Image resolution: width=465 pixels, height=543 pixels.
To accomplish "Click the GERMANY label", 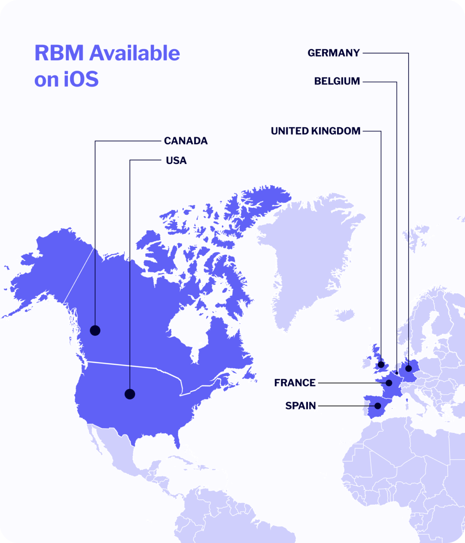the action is coord(333,53).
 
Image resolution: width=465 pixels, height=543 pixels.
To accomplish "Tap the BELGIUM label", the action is coord(337,81).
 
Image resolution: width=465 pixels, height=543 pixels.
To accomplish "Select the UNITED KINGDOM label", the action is coord(316,131).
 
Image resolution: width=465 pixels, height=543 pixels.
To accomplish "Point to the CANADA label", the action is coord(186,141).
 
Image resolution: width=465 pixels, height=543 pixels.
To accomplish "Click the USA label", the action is coord(176,161).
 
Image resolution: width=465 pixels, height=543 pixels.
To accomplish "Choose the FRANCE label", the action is coord(295,383).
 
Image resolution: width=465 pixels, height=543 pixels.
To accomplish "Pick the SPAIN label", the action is coord(300,406).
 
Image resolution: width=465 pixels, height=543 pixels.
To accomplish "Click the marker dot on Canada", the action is coord(95,330).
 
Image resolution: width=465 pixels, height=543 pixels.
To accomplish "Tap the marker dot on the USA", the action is coord(130,394).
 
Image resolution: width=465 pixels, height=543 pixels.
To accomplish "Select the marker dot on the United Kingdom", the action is coord(381,365).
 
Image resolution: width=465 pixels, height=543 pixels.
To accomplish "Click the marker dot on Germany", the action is coord(408,368).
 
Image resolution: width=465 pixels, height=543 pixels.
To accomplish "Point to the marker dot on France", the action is coord(389,383).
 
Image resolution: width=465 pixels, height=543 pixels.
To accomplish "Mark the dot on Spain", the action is coord(378,406).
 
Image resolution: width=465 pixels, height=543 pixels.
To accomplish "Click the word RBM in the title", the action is coord(59,53).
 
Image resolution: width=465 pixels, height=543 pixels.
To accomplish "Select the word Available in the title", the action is coord(135,53).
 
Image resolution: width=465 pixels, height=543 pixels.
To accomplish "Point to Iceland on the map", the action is coord(345,314).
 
